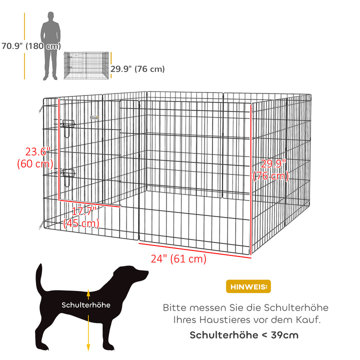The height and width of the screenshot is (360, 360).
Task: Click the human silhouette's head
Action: [50, 16]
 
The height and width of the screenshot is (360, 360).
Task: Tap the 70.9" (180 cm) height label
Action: [30, 46]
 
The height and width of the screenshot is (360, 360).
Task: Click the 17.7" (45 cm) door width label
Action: [81, 217]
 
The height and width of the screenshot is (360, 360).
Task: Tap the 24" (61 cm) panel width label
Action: [178, 259]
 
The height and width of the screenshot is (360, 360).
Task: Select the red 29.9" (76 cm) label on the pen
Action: [271, 170]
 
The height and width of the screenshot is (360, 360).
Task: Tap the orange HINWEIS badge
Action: [248, 286]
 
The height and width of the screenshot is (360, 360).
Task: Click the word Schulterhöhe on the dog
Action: [86, 304]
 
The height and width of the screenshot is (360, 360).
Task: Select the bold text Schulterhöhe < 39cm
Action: [244, 334]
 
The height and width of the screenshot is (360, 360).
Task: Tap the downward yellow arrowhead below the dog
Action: [88, 346]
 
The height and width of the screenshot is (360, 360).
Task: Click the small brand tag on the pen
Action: [94, 118]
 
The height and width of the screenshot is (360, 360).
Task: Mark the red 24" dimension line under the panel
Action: [195, 249]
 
